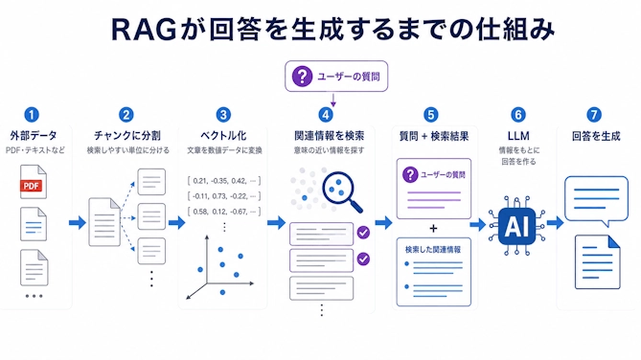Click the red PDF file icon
click(x=34, y=182)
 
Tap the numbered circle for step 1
click(x=32, y=115)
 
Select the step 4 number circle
click(x=326, y=115)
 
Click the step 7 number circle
click(x=594, y=115)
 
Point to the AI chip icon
click(x=516, y=225)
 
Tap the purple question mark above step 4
click(x=302, y=77)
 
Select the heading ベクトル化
click(x=223, y=136)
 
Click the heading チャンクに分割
click(x=127, y=136)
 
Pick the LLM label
click(x=518, y=136)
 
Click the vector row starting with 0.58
click(x=224, y=212)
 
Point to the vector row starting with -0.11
click(x=224, y=196)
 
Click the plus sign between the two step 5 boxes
click(x=433, y=229)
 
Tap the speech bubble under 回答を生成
click(x=596, y=200)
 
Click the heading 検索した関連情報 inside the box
click(x=433, y=249)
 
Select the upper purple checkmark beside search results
click(x=363, y=233)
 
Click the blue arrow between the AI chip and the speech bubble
click(x=555, y=223)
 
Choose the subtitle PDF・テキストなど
click(x=35, y=150)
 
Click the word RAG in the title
click(x=144, y=30)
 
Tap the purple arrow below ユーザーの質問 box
click(x=333, y=101)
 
